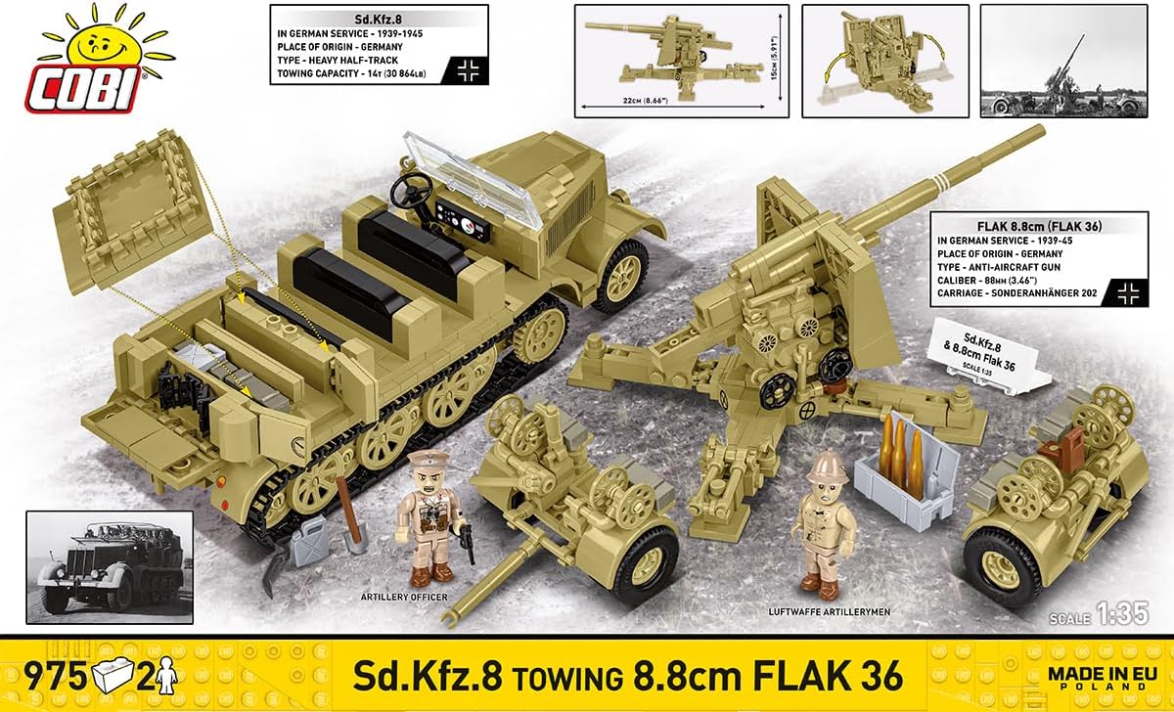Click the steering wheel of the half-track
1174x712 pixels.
coord(411,187)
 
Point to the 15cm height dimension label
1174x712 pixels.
coord(776,65)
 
